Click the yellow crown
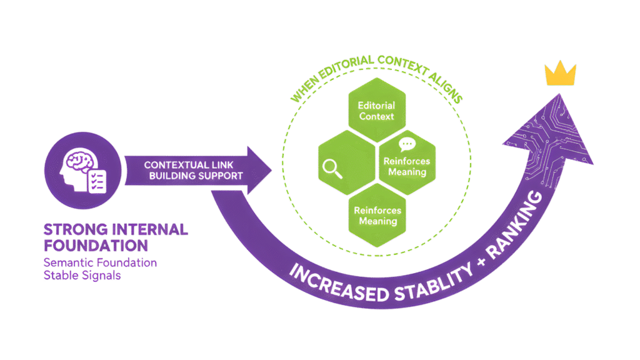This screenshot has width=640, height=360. click(x=561, y=74)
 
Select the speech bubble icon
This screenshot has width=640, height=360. click(x=407, y=145)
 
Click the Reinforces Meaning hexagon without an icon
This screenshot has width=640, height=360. click(x=377, y=215)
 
